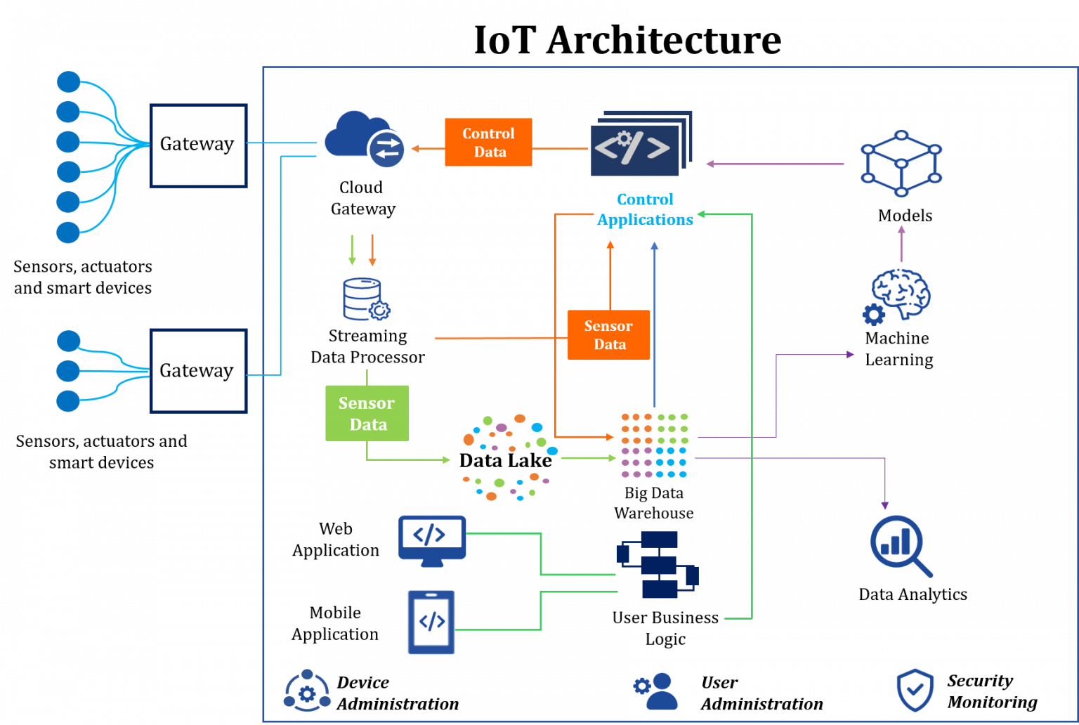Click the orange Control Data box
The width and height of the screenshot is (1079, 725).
488,143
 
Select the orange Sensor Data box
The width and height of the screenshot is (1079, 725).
608,335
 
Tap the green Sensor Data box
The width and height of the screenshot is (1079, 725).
367,413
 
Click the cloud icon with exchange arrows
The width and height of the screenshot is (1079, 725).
365,140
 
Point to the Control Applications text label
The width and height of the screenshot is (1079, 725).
645,209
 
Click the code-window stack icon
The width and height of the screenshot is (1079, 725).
640,143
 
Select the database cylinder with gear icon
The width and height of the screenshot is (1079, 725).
365,300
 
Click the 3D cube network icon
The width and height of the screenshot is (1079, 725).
901,164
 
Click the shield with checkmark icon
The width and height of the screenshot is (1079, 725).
915,690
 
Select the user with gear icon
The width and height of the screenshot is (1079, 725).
657,691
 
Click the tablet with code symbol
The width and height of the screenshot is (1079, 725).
431,622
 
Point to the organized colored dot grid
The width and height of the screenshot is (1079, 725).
654,445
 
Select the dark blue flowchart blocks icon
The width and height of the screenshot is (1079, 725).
658,564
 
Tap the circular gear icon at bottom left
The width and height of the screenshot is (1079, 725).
307,691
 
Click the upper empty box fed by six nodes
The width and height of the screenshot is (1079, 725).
198,145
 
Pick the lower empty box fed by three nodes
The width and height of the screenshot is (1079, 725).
198,370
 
